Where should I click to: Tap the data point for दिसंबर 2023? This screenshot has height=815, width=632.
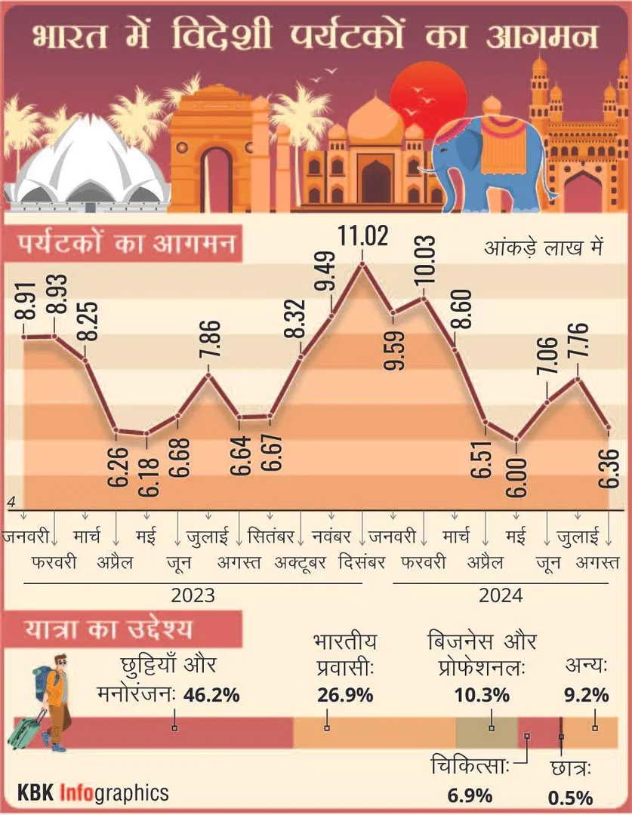click(363, 263)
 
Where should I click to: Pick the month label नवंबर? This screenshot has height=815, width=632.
click(331, 537)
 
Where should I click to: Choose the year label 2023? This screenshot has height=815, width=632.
click(193, 595)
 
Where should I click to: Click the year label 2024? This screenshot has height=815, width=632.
click(501, 595)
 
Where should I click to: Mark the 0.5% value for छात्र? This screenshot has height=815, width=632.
click(570, 797)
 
